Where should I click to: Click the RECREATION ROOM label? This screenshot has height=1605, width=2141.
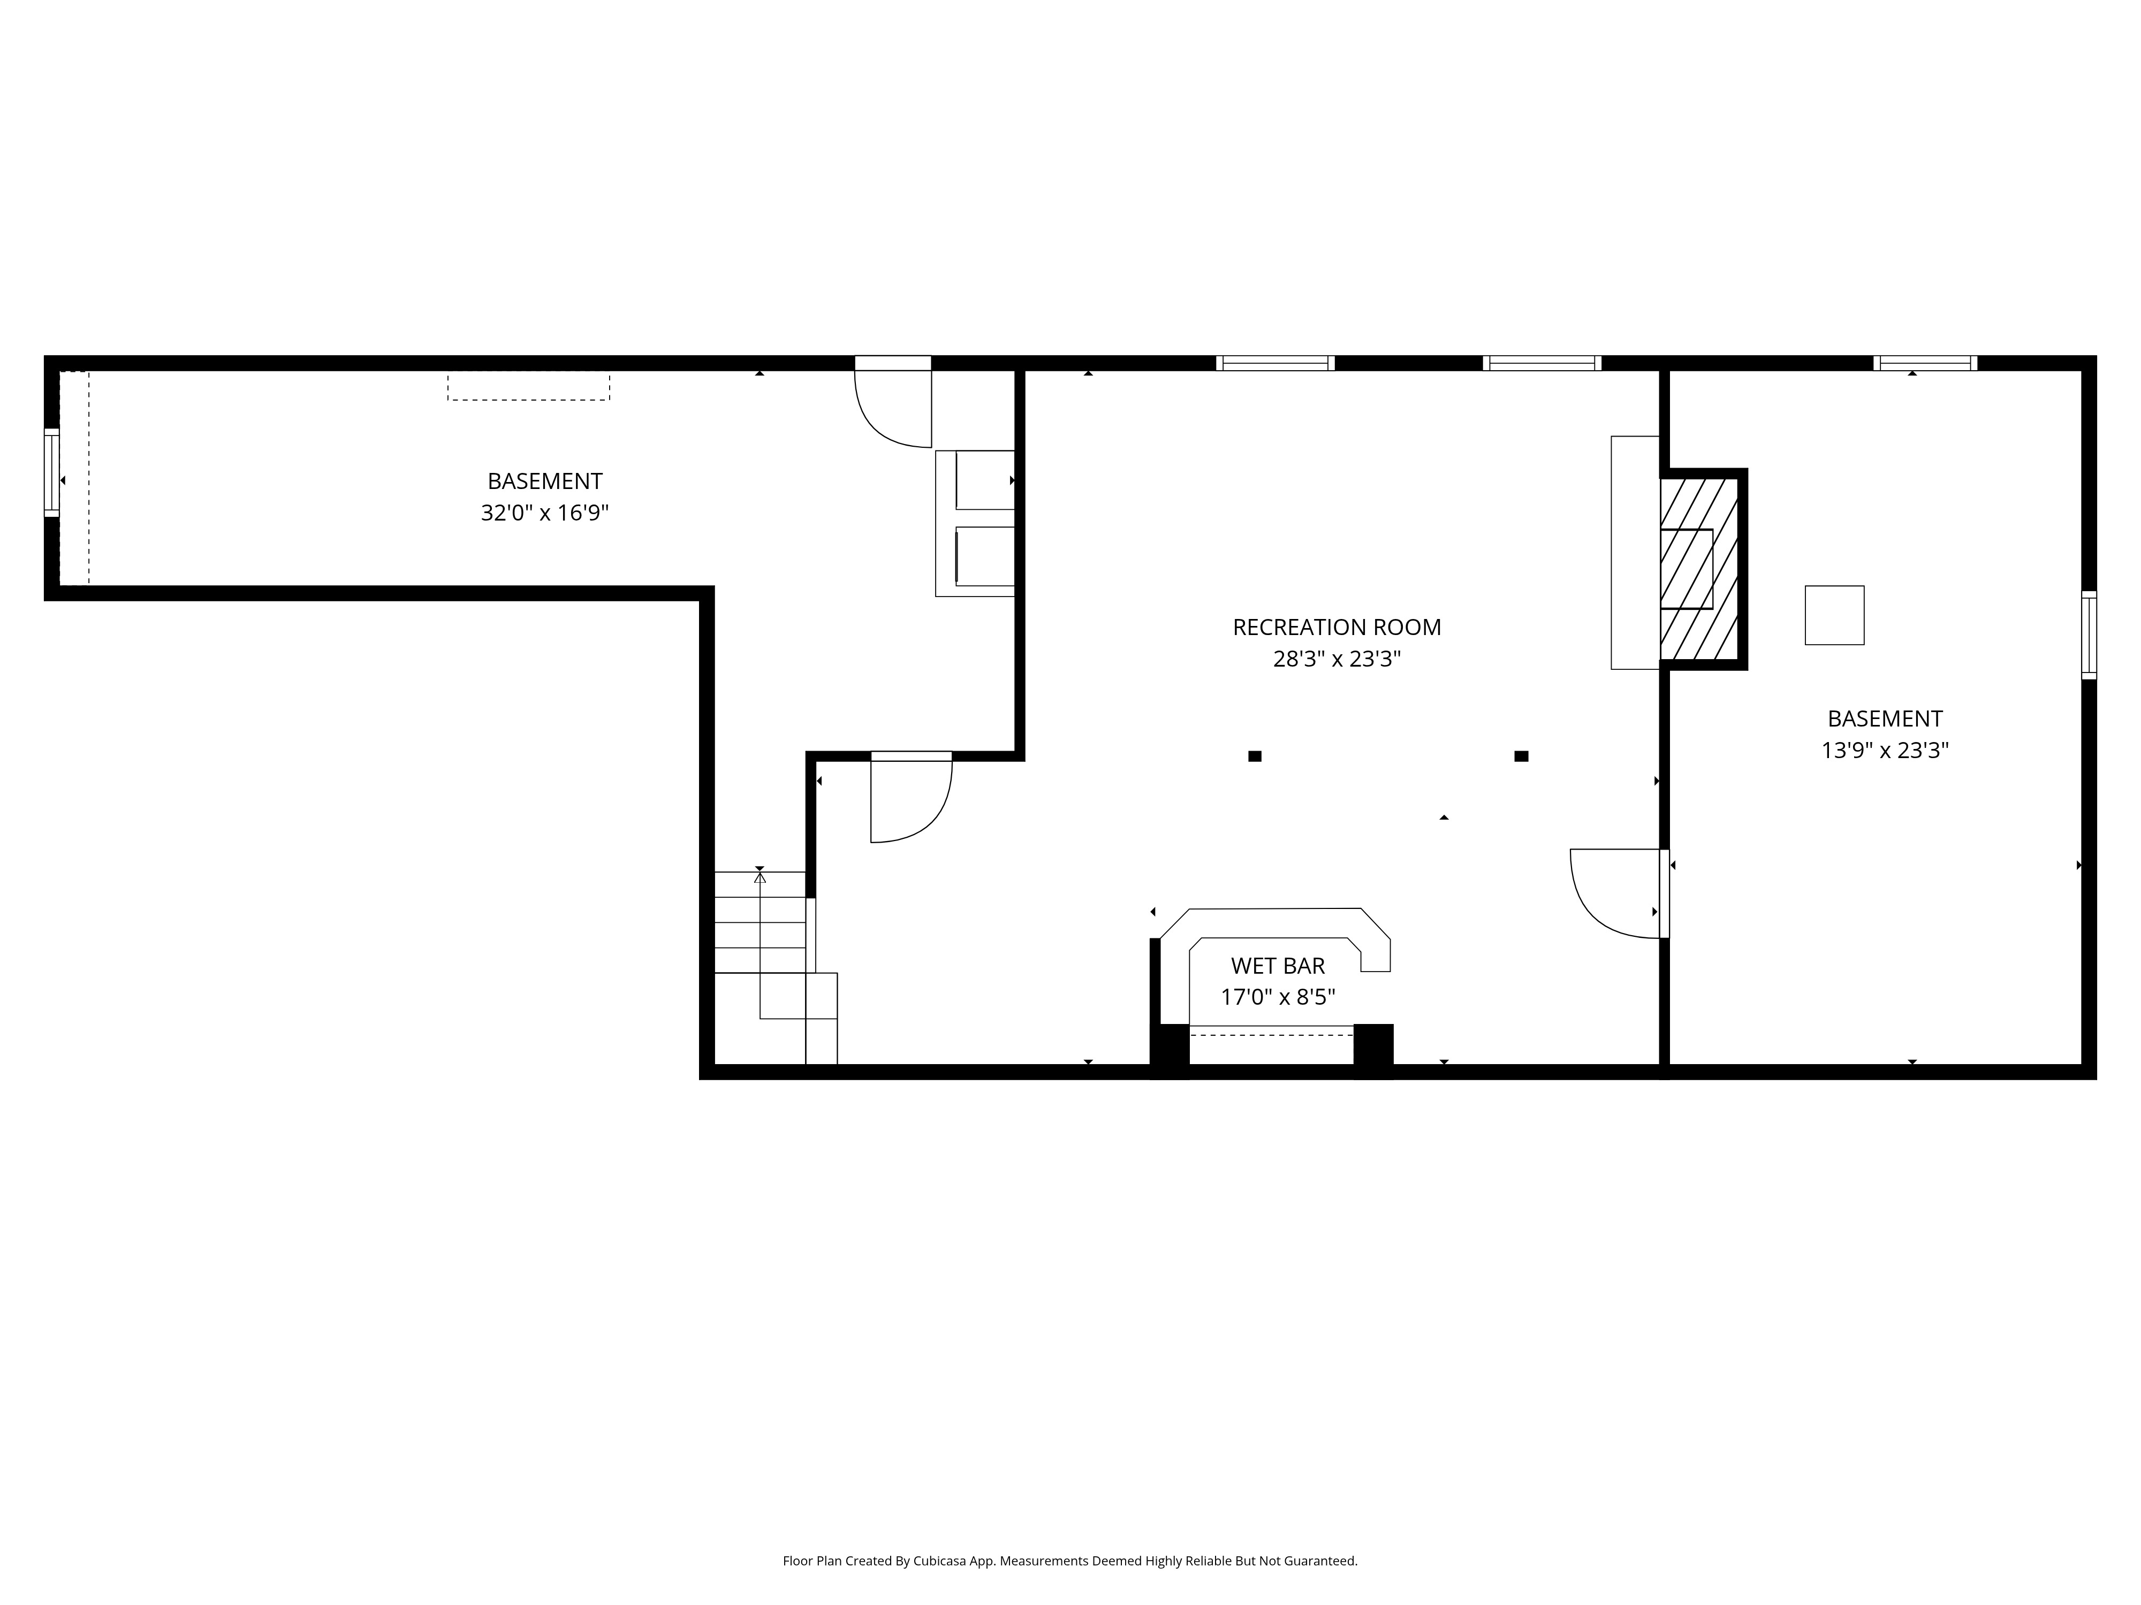point(1337,627)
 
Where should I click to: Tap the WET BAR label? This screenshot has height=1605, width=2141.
point(1278,966)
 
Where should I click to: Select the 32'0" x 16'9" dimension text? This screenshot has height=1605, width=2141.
point(545,513)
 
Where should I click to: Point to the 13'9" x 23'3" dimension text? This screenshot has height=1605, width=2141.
point(1885,750)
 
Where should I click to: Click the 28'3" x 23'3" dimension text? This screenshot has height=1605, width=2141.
point(1337,659)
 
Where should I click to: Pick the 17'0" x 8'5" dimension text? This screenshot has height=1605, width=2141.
point(1278,997)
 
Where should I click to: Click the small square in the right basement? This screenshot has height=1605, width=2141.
point(1834,615)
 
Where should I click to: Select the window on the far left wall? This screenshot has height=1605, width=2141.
point(51,473)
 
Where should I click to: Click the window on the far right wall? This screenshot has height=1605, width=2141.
point(2089,635)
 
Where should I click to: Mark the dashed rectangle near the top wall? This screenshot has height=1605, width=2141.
point(528,387)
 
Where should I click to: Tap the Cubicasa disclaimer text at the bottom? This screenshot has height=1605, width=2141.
point(1069,1507)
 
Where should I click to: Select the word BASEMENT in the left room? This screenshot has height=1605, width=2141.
point(545,481)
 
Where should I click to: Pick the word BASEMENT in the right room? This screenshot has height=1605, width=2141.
point(1885,719)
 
